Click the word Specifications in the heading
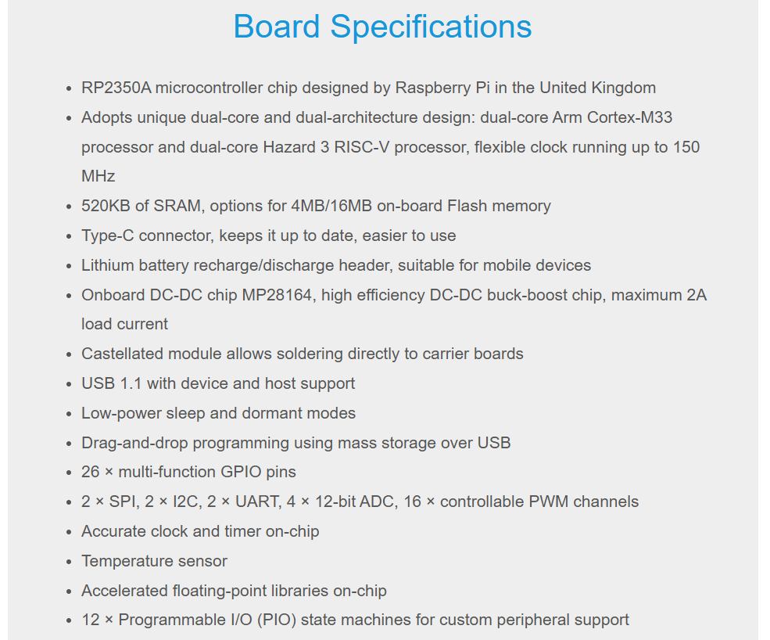pos(431,27)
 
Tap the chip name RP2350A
pos(116,88)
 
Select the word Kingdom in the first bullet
pos(623,88)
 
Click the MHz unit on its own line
pos(98,176)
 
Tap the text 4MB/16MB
pos(331,206)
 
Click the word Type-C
pos(108,236)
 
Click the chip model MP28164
pos(277,295)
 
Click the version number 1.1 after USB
pos(131,383)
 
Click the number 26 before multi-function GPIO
pos(91,472)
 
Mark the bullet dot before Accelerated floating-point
pos(69,591)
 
